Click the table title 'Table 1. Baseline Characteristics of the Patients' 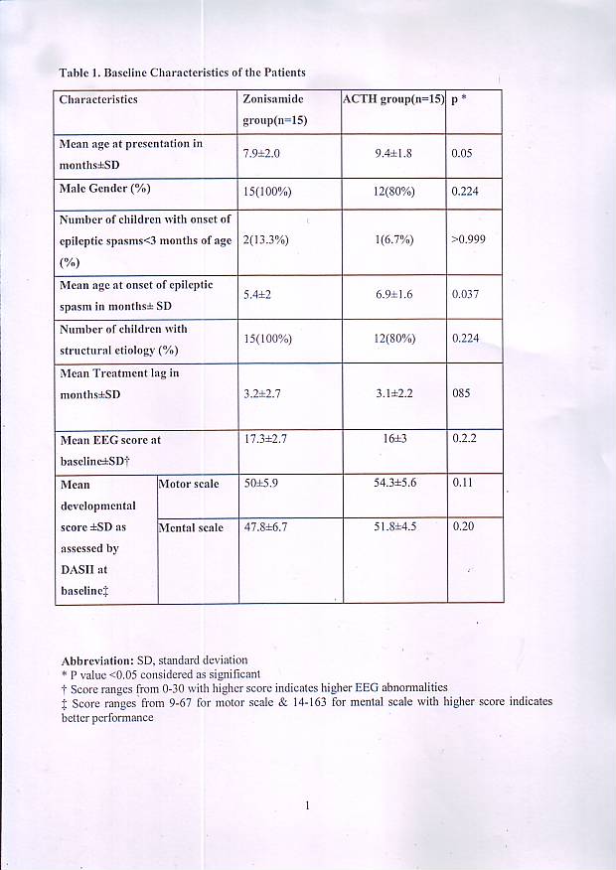point(181,72)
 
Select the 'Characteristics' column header point(98,99)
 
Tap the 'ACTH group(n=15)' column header point(392,99)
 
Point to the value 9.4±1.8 point(391,154)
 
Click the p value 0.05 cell point(461,154)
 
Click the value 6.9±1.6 point(392,296)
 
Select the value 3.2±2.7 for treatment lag point(264,393)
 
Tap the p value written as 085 point(460,393)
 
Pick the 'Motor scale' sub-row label point(190,485)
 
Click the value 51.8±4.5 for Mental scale point(394,527)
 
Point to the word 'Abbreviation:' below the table point(94,659)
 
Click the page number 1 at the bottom point(308,805)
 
